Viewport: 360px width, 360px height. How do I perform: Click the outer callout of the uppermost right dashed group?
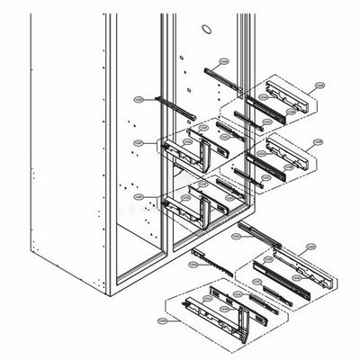(319, 86)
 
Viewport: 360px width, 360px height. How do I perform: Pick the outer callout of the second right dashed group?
(316, 141)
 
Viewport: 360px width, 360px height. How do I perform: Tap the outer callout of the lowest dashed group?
(162, 319)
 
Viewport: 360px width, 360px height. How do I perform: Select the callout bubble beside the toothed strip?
(193, 265)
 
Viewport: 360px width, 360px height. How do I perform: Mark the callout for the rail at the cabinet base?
(237, 236)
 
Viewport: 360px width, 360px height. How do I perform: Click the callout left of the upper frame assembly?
(138, 142)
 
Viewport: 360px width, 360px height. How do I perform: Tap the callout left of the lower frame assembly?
(138, 195)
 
